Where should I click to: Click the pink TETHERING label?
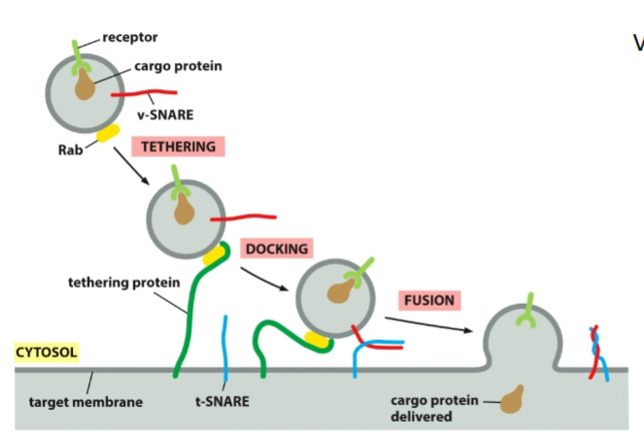pyautogui.click(x=179, y=147)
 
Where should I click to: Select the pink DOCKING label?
pyautogui.click(x=277, y=250)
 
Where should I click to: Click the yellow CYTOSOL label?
pyautogui.click(x=47, y=353)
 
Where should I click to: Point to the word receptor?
pyautogui.click(x=130, y=38)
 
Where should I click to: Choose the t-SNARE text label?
pyautogui.click(x=220, y=400)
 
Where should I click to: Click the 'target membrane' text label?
pyautogui.click(x=86, y=401)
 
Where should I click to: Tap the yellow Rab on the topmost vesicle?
pyautogui.click(x=107, y=131)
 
